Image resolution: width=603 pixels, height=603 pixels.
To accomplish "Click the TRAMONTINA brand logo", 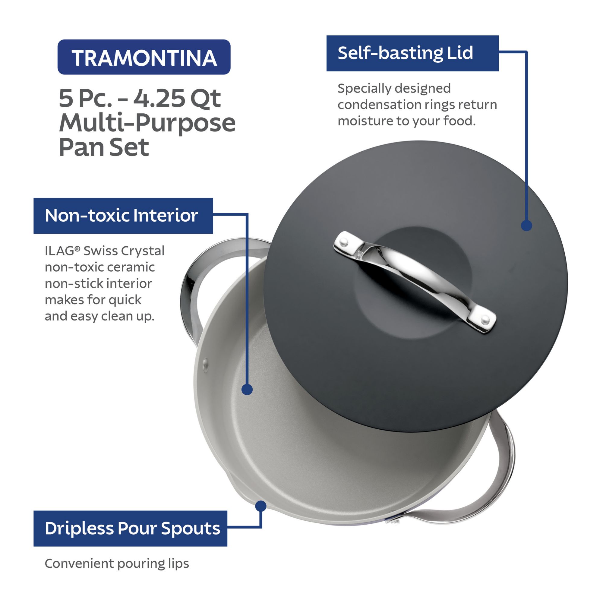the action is pos(144,57).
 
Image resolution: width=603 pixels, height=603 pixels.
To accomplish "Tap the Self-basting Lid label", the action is pos(412,53).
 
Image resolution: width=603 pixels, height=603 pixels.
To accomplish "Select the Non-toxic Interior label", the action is pos(123,216).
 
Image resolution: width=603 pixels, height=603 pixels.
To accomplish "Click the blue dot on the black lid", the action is pos(526,225).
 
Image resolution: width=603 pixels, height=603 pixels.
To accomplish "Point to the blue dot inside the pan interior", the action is pos(247,390).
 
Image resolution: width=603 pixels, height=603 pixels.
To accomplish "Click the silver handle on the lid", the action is pos(414,282).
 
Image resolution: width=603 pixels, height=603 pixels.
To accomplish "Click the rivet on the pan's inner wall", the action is pos(205,363).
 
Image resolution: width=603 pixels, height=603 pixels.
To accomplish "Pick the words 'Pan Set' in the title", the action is pos(104,147).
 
